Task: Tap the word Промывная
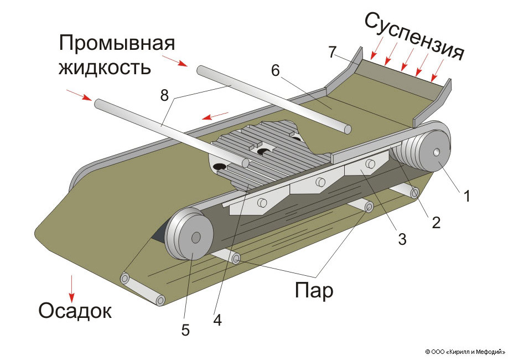coord(117,43)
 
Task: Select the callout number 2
coord(436,223)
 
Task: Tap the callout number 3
coord(402,239)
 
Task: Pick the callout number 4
coord(217,320)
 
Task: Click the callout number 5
coord(185,331)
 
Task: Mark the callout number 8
coord(164,95)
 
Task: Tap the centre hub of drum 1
coord(437,152)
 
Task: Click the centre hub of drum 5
coord(195,238)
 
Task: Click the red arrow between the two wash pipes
coord(215,116)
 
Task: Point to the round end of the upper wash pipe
coord(348,130)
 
